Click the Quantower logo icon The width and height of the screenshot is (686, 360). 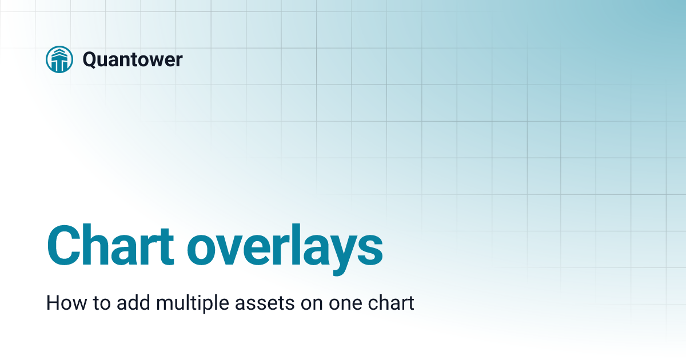pos(59,59)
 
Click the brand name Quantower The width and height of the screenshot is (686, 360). pos(133,59)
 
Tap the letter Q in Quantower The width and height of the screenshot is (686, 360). pos(90,59)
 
